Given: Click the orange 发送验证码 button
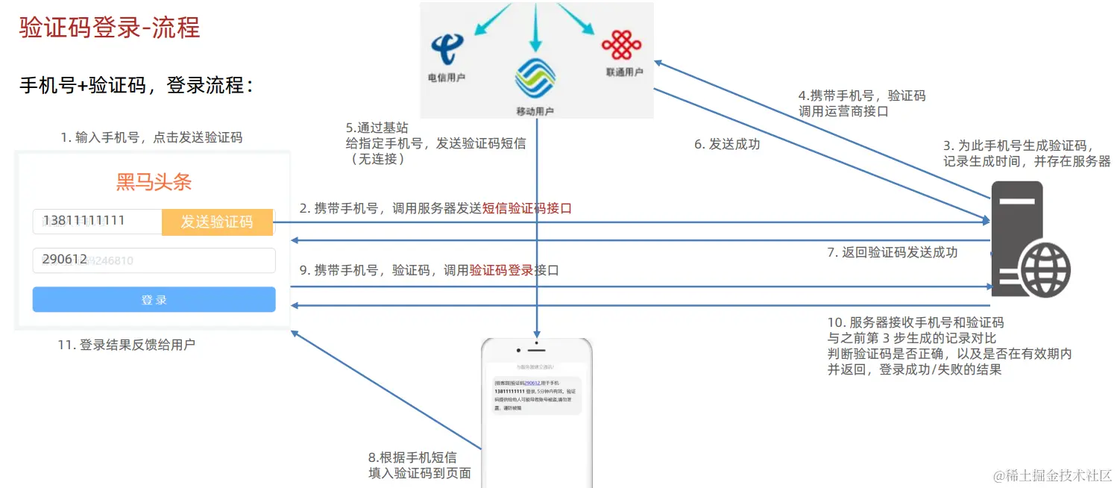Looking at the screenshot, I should coord(217,222).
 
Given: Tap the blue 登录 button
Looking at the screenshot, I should coord(154,299).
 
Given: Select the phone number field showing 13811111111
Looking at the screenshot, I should coord(97,221).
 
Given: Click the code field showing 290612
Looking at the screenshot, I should coord(154,260).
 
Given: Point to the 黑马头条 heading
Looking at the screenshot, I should coord(154,182).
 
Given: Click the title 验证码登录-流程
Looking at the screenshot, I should coord(110,28).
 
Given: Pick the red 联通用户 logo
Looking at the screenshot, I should coord(621,46).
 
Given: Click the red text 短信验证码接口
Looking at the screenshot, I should coord(527,209).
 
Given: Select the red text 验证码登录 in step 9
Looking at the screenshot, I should coord(502,270).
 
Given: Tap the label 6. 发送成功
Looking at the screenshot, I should coord(727,144).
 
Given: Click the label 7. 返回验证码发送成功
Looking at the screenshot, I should coord(892,252).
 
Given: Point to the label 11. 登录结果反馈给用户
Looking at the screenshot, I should coord(127,345).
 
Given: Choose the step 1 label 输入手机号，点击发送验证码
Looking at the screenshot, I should coord(151,137).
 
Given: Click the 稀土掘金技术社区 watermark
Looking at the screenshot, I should coord(1051,475).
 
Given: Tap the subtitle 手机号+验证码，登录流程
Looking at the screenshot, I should coord(136,85).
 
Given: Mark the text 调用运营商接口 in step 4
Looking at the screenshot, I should coord(843,111).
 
